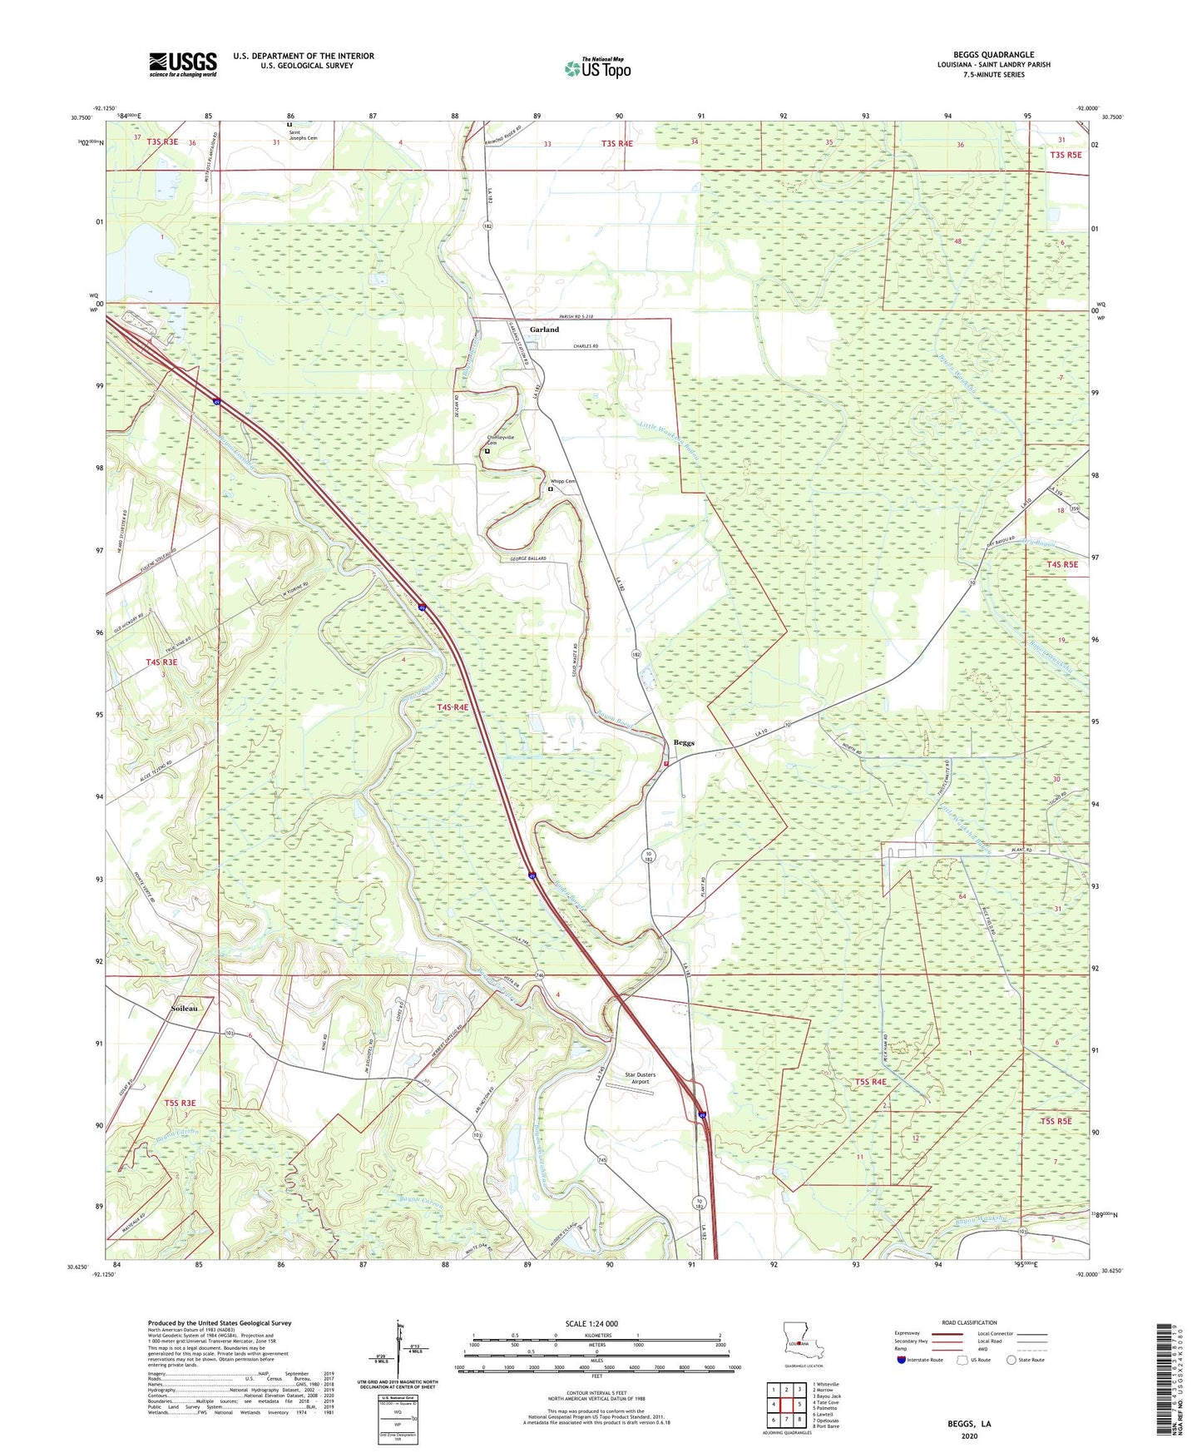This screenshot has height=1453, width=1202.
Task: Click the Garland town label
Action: click(x=544, y=330)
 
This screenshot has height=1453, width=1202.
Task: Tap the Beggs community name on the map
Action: click(x=684, y=742)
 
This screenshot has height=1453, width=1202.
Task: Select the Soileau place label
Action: click(x=184, y=1008)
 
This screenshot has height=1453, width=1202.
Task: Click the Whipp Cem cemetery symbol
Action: click(x=550, y=489)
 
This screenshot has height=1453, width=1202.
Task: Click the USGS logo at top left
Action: click(x=183, y=64)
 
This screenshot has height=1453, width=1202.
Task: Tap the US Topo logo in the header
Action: click(x=597, y=68)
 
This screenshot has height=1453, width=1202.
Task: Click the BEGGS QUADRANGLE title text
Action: click(x=993, y=55)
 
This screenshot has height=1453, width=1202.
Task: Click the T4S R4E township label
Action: click(x=453, y=707)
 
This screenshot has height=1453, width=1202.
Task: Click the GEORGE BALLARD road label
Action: click(x=522, y=558)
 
